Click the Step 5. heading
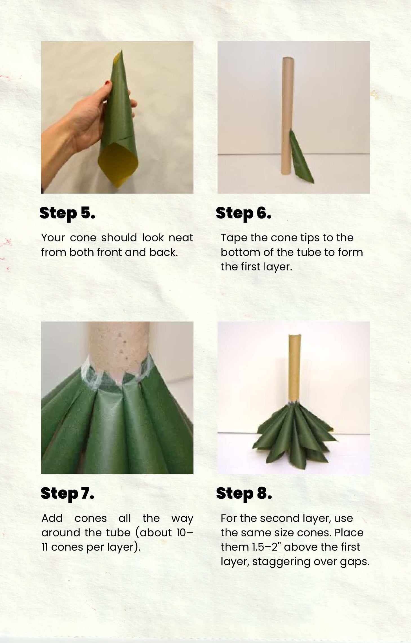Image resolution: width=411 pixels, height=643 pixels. pyautogui.click(x=67, y=213)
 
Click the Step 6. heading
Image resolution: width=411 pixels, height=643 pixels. pyautogui.click(x=244, y=213)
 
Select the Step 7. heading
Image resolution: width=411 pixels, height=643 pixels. pyautogui.click(x=67, y=494)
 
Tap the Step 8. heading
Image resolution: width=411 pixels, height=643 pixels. pyautogui.click(x=244, y=494)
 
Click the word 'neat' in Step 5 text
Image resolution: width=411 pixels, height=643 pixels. pyautogui.click(x=181, y=238)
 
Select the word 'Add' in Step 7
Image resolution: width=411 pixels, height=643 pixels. pyautogui.click(x=52, y=518)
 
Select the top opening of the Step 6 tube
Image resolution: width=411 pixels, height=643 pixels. pyautogui.click(x=288, y=58)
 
